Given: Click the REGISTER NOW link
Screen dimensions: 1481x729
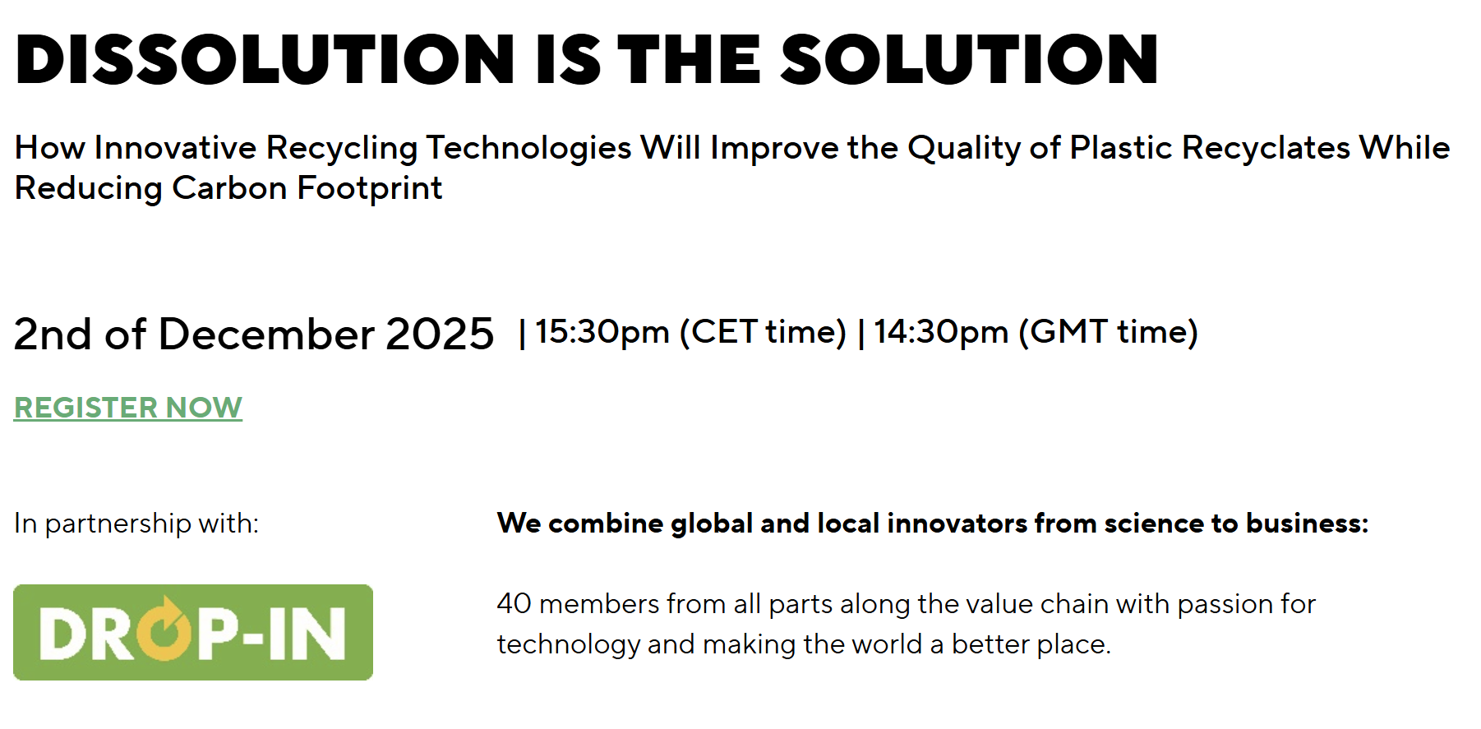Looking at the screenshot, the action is tap(128, 408).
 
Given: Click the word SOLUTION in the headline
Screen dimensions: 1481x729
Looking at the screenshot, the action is tap(970, 60).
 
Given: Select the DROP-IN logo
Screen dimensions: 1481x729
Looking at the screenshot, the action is tap(193, 632).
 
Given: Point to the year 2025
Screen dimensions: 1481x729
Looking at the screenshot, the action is tap(440, 334).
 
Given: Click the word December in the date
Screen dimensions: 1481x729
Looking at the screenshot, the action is tap(267, 334).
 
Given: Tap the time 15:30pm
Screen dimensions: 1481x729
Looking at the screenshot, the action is tap(602, 332).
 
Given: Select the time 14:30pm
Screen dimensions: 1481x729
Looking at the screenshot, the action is tap(941, 332).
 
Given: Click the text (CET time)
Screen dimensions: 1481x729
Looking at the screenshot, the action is tap(763, 332).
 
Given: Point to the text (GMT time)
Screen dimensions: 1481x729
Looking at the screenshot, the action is tap(1108, 332).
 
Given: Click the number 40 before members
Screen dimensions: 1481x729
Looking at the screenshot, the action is tap(514, 604).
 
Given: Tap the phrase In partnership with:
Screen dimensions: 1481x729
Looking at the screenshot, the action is tap(136, 524).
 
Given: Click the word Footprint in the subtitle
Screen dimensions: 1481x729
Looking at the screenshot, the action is tap(370, 188).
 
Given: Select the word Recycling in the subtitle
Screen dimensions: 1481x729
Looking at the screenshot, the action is tap(342, 148).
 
